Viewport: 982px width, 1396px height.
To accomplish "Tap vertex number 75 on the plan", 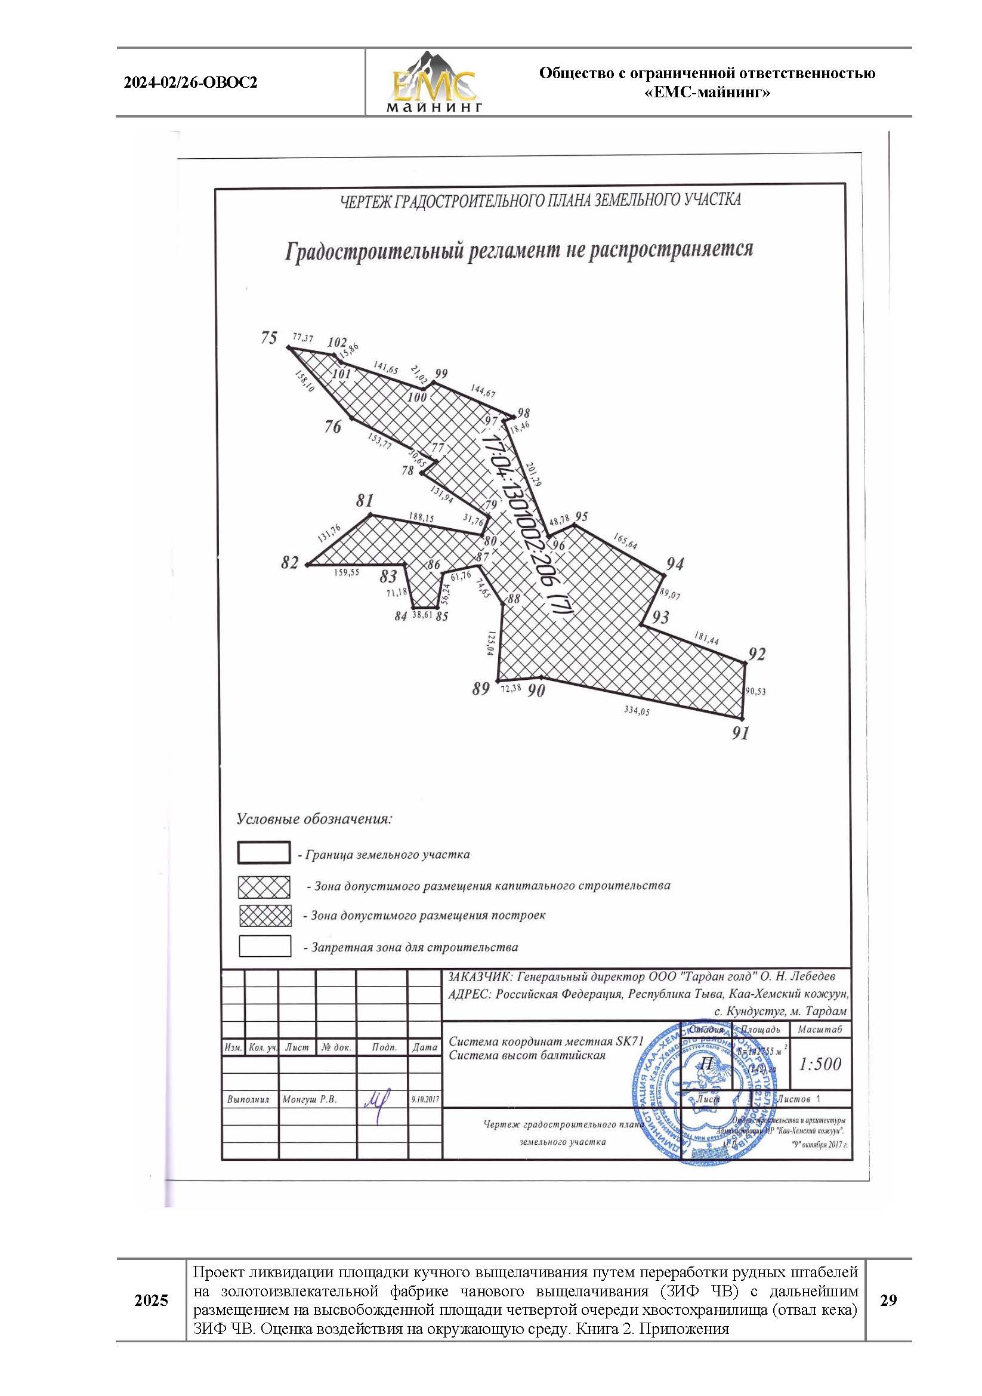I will pos(269,337).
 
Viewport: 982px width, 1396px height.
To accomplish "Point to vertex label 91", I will pos(740,734).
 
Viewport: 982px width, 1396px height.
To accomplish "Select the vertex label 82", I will pos(290,563).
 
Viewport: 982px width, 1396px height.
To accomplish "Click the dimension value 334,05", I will pos(636,710).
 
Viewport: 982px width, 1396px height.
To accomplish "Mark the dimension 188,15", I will pos(421,517).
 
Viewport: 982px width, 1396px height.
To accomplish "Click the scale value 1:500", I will pos(820,1064).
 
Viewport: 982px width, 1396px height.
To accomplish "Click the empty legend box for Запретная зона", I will pos(264,946).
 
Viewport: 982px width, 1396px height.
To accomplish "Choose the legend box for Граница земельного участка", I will pos(264,853).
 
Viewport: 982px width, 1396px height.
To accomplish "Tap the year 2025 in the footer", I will pos(151,1301).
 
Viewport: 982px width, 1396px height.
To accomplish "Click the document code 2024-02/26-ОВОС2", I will pos(190,83).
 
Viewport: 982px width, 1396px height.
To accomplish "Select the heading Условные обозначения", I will pos(314,819).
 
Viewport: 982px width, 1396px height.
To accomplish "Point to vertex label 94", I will pos(675,564).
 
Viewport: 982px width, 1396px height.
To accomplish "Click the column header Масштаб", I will pos(820,1030).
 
